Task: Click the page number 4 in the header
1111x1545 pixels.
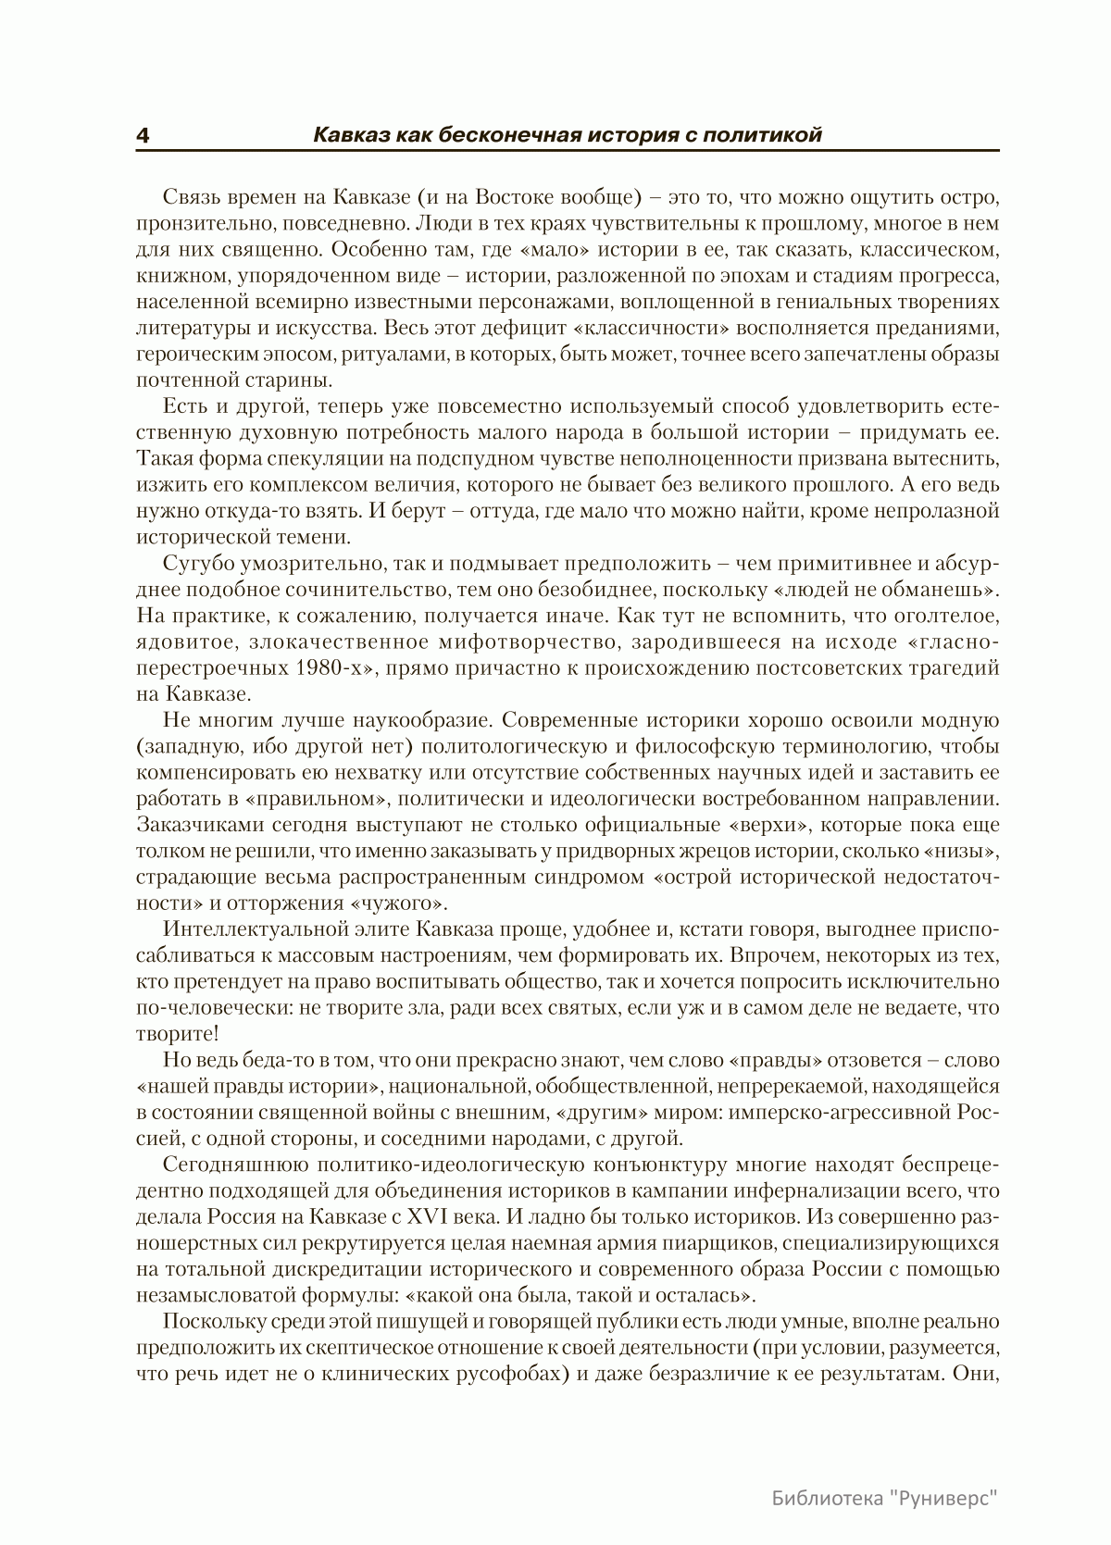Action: (144, 135)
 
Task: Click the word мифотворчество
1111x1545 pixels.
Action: (506, 642)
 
